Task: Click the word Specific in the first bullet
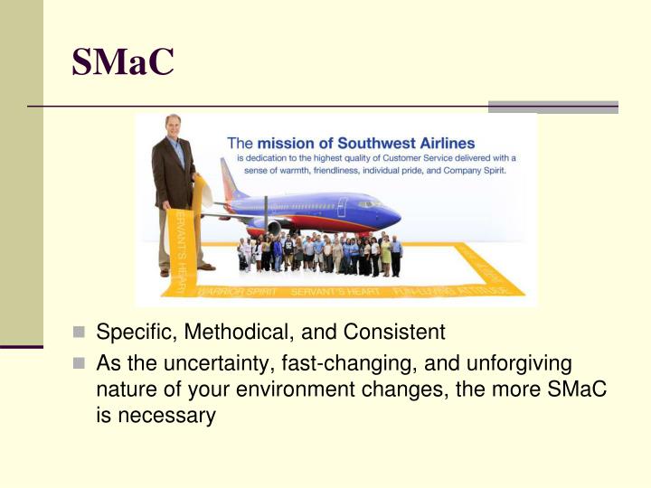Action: point(126,333)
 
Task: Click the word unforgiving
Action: point(519,363)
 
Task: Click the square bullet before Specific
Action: point(79,333)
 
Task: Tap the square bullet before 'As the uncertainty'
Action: point(79,364)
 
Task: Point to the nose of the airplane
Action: point(395,215)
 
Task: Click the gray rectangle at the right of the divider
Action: point(552,107)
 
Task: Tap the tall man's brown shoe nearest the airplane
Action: point(205,267)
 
